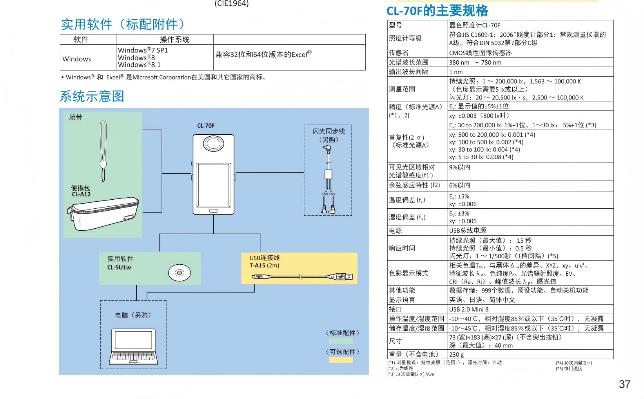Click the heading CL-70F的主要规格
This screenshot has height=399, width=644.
(437, 11)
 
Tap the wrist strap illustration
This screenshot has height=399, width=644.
(103, 151)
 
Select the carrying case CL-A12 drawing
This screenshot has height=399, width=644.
(103, 213)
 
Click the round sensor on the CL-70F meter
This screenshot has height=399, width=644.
(213, 143)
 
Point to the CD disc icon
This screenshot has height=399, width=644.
(180, 273)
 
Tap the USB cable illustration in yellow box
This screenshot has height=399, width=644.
(302, 277)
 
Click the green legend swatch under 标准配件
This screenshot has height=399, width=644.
(340, 341)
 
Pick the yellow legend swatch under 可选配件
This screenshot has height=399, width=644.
(340, 360)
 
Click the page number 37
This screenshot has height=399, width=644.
(624, 385)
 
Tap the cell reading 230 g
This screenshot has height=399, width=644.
(456, 354)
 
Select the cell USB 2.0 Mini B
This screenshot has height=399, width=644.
(469, 309)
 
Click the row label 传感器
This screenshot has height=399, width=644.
(399, 52)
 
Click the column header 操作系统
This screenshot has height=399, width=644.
(174, 40)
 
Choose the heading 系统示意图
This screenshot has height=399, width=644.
(92, 96)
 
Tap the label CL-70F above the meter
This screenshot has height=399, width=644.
(206, 126)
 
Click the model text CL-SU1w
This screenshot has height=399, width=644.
(119, 267)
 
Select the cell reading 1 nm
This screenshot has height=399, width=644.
(456, 72)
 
